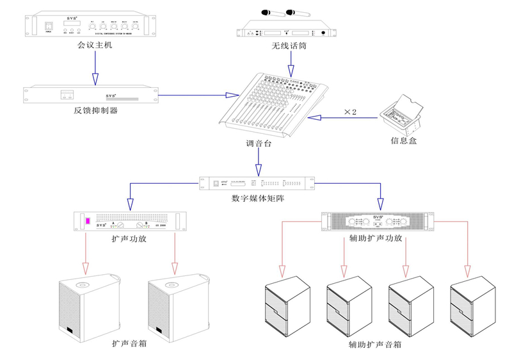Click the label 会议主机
point(95,45)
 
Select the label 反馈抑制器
point(95,110)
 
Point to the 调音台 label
point(259,144)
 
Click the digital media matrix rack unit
point(258,183)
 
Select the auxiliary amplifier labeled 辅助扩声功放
point(376,222)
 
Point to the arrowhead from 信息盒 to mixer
point(316,118)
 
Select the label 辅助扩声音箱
point(375,345)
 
